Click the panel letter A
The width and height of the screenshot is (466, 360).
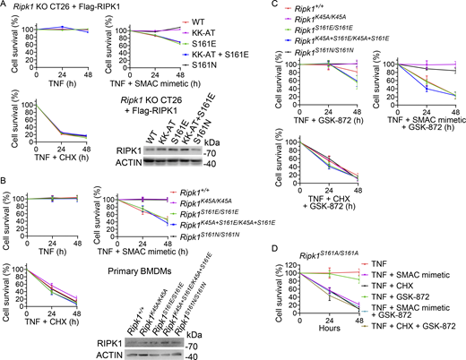point(4,5)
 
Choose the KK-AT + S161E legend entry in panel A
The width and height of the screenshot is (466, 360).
point(230,53)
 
